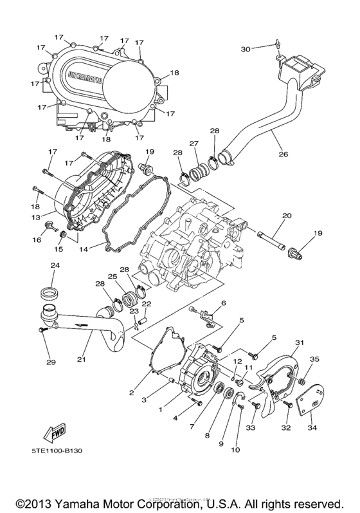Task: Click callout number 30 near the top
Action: pos(245,48)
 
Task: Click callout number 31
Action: pos(298,342)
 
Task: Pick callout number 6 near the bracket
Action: pos(224,303)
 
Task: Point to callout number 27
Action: pos(192,143)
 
